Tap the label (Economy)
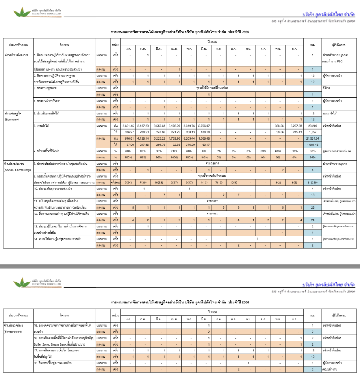click(x=12, y=120)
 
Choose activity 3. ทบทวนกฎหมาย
click(x=46, y=88)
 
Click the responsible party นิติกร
click(x=327, y=88)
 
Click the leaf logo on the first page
click(x=22, y=13)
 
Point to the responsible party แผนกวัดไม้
click(x=331, y=113)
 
